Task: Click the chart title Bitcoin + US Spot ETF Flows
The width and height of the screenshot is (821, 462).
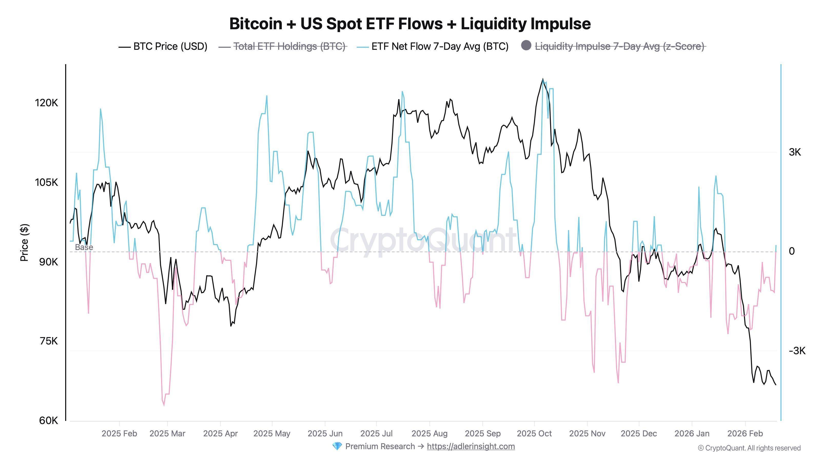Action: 410,24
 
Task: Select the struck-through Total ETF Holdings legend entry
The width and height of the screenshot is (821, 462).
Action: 289,46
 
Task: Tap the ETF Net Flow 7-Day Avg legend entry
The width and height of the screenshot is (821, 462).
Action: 439,46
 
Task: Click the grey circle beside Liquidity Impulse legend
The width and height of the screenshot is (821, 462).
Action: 526,46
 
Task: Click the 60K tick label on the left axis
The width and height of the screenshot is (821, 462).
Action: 48,421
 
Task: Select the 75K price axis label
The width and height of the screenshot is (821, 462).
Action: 48,341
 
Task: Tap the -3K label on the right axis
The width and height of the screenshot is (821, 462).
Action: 797,351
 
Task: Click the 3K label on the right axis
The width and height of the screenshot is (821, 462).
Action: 795,152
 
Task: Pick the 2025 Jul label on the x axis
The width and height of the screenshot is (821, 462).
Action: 376,434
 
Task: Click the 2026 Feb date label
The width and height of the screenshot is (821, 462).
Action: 745,434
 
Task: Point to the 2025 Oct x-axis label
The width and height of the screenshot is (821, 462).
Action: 534,434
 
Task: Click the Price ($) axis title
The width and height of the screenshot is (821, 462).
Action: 24,242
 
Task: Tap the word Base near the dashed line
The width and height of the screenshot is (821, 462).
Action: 84,247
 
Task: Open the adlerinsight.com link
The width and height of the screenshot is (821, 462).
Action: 471,446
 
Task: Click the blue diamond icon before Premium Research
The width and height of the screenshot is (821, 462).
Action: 337,446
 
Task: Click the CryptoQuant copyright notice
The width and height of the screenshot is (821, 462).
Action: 749,448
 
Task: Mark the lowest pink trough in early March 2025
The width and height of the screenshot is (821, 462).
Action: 164,405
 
